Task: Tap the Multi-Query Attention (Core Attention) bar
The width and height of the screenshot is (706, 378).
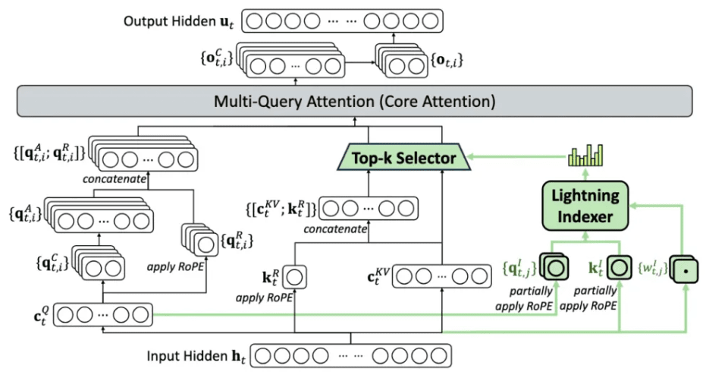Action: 354,102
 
